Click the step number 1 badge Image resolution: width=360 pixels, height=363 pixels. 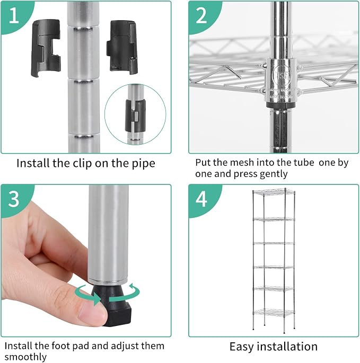(14, 16)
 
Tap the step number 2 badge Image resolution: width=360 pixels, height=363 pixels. (201, 16)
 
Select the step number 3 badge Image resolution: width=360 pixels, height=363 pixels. (14, 199)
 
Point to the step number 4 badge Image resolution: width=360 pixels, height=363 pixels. (201, 199)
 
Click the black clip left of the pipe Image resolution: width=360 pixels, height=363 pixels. (46, 48)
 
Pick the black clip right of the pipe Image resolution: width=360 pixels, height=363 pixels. (122, 47)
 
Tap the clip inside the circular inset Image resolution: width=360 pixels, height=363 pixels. (136, 115)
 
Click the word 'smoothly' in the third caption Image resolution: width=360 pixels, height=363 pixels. (25, 357)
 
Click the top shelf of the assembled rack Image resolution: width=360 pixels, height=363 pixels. (274, 192)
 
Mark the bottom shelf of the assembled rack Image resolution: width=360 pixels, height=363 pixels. (274, 313)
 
